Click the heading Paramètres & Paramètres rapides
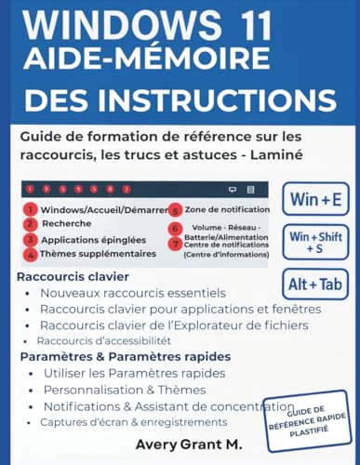pos(114,356)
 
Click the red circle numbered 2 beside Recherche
pos(32,224)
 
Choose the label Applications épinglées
pos(97,239)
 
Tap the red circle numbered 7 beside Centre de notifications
pos(174,244)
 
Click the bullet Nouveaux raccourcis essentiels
pos(140,293)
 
